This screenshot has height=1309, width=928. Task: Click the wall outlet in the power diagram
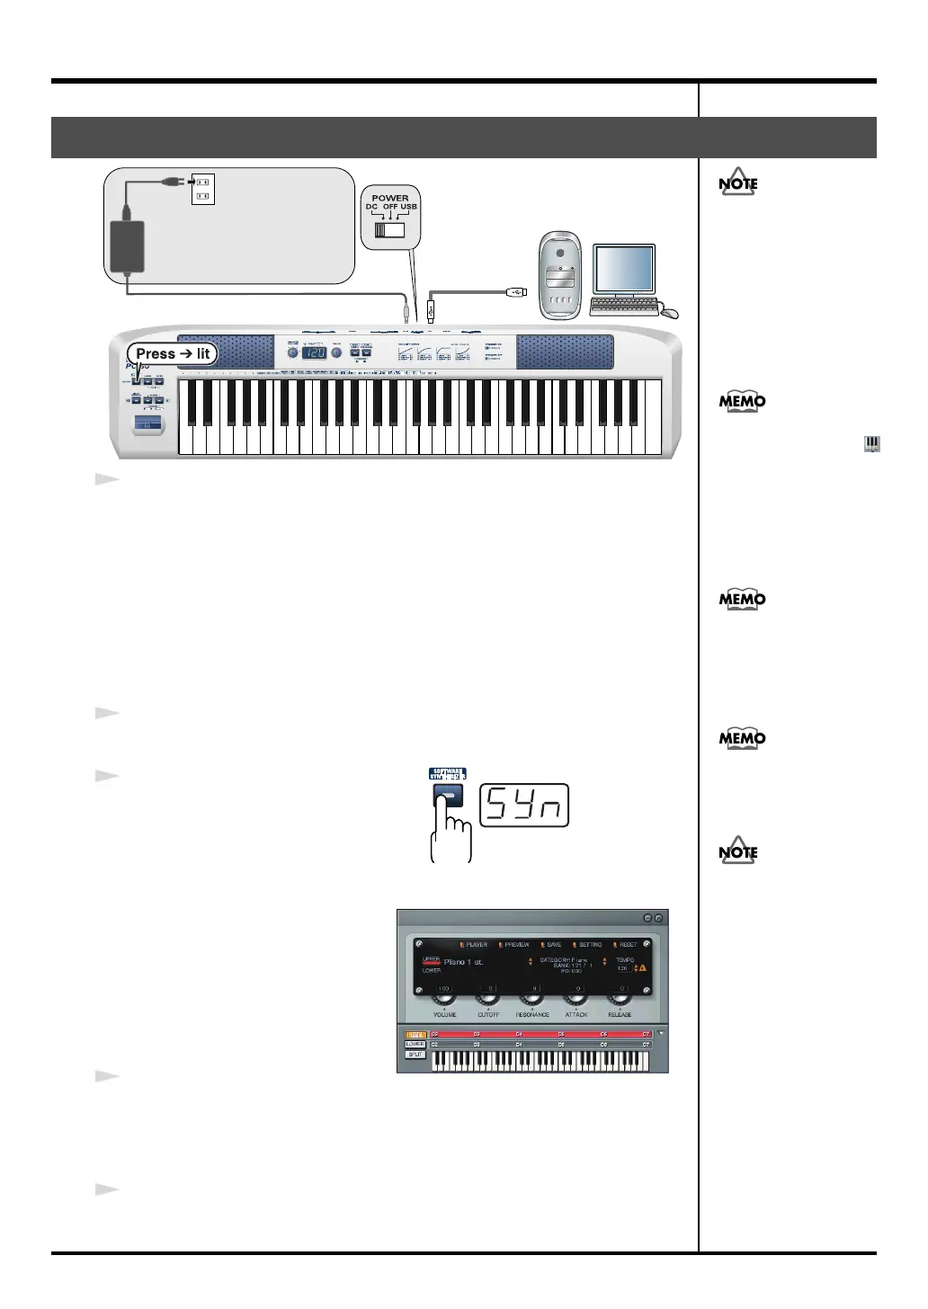tap(202, 188)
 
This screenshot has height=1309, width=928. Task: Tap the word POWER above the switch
tap(390, 198)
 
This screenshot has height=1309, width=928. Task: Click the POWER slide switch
tap(390, 229)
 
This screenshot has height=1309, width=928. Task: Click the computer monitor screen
tap(625, 269)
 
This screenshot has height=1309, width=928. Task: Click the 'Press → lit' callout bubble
tap(173, 354)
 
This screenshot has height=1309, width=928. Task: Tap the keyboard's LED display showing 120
tap(313, 353)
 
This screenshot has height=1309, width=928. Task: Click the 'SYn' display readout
tap(525, 806)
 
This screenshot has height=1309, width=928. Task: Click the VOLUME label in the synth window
tap(445, 1015)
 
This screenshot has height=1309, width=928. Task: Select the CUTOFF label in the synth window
tap(488, 1015)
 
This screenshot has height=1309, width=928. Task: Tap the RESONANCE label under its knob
tap(532, 1015)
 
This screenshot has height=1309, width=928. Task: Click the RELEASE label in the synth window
tap(620, 1015)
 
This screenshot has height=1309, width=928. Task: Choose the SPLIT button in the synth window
tap(415, 1055)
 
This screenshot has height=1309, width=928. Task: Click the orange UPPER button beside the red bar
tap(415, 1035)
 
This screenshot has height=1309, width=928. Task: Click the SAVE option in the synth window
tap(554, 945)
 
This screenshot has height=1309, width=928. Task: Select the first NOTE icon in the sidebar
tap(738, 183)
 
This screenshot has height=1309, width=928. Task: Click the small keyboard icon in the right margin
tap(871, 443)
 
